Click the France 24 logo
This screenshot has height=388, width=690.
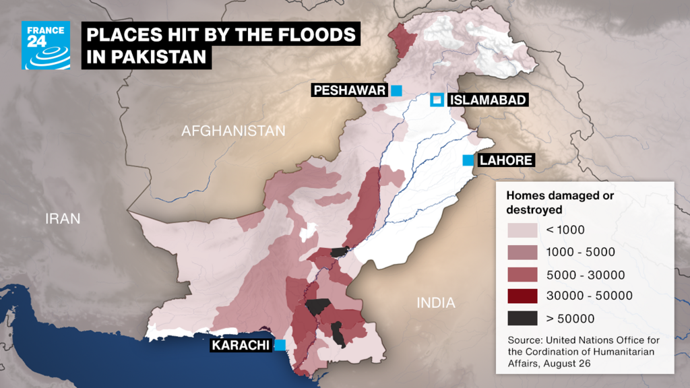coord(46,45)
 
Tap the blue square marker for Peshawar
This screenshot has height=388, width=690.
coord(396,90)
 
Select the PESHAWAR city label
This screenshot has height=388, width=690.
coord(349,90)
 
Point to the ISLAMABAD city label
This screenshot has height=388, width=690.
coord(488,100)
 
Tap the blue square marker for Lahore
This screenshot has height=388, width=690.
coord(467,160)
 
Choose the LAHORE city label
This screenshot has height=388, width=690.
coord(505,160)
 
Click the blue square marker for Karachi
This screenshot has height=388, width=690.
coord(280,345)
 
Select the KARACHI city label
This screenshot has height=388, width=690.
coord(241,346)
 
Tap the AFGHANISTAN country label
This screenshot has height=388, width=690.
coord(233,131)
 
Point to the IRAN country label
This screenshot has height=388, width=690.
coord(63,218)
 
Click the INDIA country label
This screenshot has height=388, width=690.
coord(436,302)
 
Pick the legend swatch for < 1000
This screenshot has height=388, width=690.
coord(522,230)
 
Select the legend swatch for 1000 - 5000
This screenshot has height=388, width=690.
coord(522,253)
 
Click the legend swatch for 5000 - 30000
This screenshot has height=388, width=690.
coord(522,274)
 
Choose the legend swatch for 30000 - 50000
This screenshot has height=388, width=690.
coord(522,296)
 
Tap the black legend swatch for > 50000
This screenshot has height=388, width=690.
coord(522,318)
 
